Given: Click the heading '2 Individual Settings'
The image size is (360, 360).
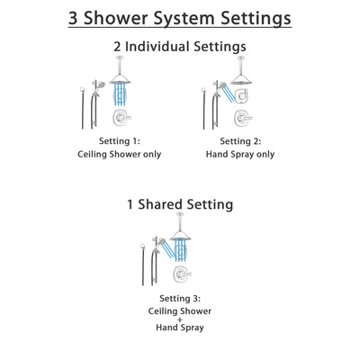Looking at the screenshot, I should (180, 47).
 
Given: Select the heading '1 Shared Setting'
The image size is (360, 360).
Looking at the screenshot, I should (180, 204).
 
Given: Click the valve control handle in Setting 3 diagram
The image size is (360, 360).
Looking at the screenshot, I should (180, 275).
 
